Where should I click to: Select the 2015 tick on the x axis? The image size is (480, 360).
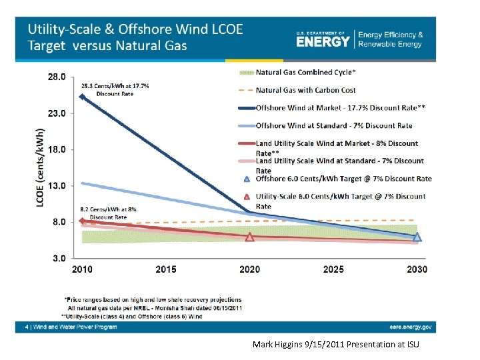[x=166, y=269]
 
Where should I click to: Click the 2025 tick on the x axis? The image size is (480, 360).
[x=333, y=269]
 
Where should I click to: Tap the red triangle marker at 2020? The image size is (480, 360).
[x=250, y=237]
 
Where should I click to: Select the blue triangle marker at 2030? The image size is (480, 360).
[x=417, y=237]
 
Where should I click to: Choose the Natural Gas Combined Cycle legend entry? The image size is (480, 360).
[x=305, y=73]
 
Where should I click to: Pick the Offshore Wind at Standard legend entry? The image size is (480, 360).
[x=333, y=125]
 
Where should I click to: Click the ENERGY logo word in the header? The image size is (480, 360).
[x=323, y=41]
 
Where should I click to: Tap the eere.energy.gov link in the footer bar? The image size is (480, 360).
[x=411, y=327]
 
